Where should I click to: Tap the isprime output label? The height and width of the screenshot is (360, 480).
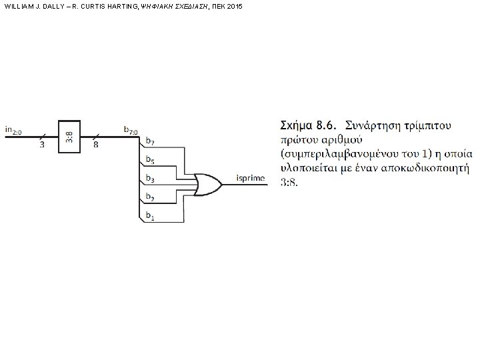pyautogui.click(x=250, y=177)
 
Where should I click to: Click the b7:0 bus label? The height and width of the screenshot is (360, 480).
pyautogui.click(x=131, y=129)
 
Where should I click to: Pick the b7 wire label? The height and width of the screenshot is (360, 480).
pyautogui.click(x=151, y=141)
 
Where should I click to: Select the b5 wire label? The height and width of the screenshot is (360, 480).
pyautogui.click(x=151, y=160)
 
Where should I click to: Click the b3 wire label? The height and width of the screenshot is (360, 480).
pyautogui.click(x=151, y=179)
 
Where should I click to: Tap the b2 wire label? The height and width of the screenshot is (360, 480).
pyautogui.click(x=151, y=197)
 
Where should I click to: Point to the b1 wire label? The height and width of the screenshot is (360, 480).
pyautogui.click(x=151, y=217)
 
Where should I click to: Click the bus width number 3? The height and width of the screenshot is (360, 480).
pyautogui.click(x=42, y=145)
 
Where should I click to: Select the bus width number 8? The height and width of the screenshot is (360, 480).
pyautogui.click(x=96, y=145)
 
